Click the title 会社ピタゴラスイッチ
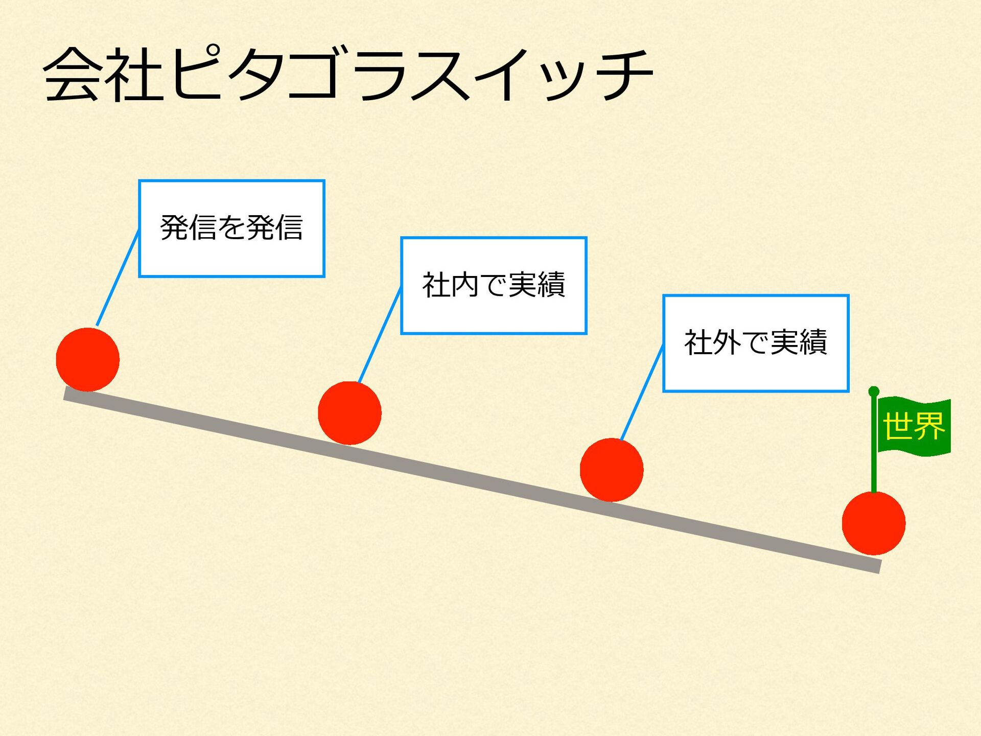click(347, 74)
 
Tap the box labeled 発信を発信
click(231, 228)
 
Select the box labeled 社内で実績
click(494, 286)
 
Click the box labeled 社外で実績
click(756, 343)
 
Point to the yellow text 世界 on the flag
click(914, 426)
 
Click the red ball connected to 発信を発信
click(88, 360)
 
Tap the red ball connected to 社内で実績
click(349, 413)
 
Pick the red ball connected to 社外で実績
click(612, 470)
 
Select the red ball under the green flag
click(874, 523)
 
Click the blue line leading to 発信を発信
click(118, 279)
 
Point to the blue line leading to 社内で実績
click(380, 335)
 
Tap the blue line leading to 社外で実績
click(642, 392)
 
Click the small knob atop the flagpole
click(874, 392)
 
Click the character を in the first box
click(231, 227)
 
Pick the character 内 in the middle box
click(465, 285)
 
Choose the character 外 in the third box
click(727, 342)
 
